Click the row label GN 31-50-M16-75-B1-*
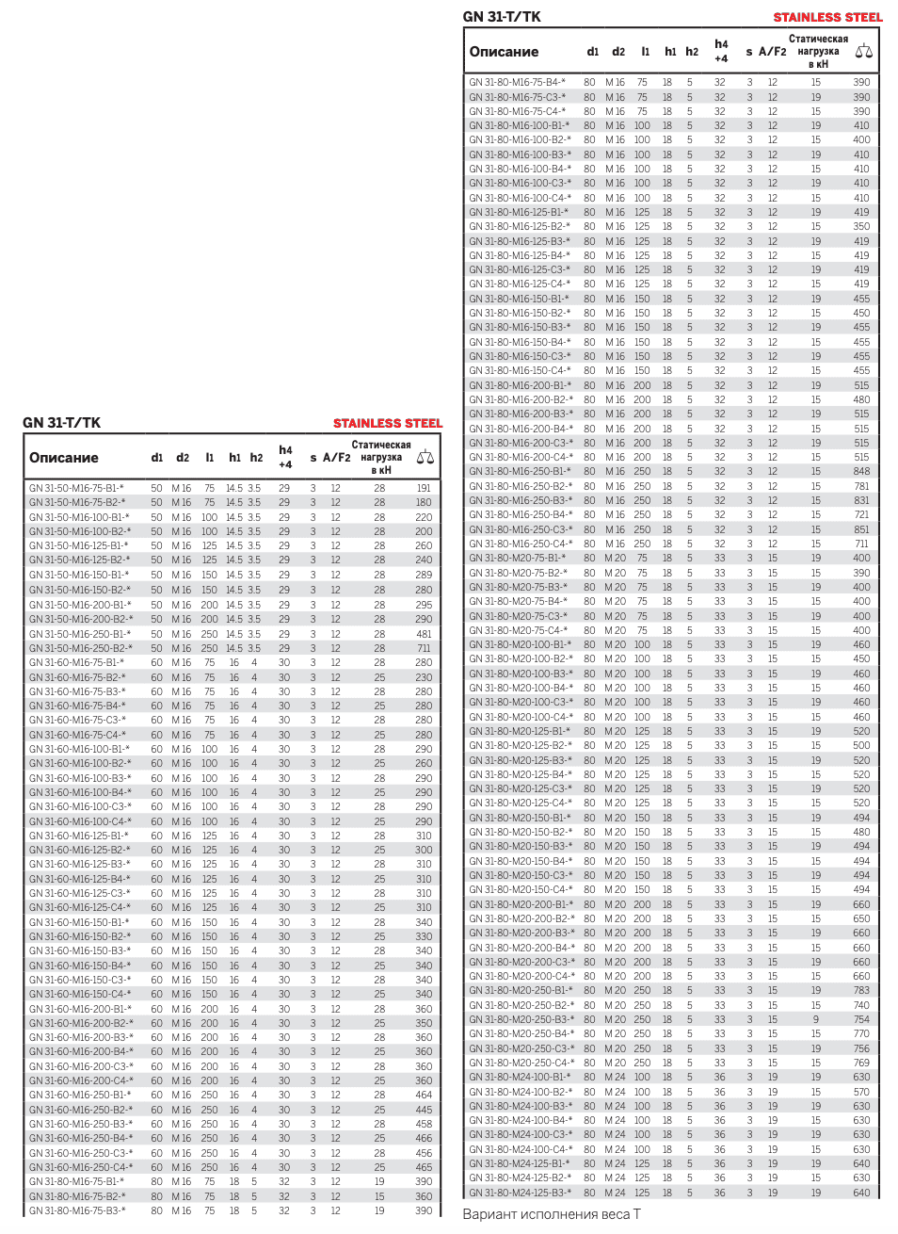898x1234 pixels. click(x=76, y=488)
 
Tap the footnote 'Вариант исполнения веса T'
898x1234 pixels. click(x=551, y=1214)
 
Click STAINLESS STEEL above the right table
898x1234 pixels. click(x=827, y=17)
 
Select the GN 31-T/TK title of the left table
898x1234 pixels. click(x=61, y=423)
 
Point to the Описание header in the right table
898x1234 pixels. click(x=504, y=52)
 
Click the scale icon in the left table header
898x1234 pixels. click(x=425, y=458)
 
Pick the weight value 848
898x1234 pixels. click(x=861, y=471)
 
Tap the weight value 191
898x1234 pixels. click(x=424, y=488)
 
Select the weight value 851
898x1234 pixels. click(x=861, y=529)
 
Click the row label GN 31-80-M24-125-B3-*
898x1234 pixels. click(x=520, y=1193)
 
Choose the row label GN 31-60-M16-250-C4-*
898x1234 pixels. click(x=81, y=1167)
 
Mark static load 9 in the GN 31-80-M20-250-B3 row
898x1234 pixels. click(x=815, y=1019)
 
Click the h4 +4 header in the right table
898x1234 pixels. click(x=721, y=51)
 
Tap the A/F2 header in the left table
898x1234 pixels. click(x=336, y=458)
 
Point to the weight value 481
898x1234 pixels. click(x=424, y=634)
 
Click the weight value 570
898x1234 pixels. click(x=861, y=1092)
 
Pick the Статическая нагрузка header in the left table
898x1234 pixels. click(x=381, y=457)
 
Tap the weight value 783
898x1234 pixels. click(x=861, y=990)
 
